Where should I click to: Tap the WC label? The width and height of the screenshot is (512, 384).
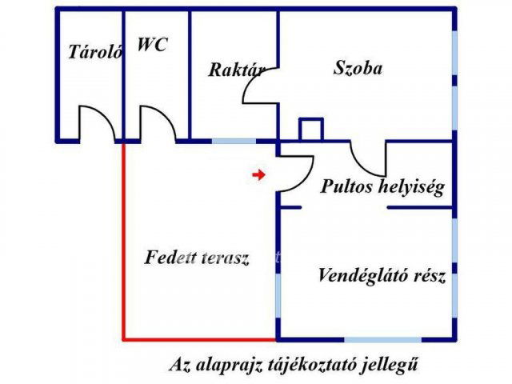[x=152, y=45]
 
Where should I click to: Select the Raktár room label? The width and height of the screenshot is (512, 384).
[x=237, y=70]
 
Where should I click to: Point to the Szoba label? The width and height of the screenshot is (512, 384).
[x=358, y=68]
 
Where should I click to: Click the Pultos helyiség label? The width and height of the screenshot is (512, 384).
[x=382, y=187]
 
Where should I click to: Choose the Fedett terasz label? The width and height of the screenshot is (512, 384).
[x=198, y=258]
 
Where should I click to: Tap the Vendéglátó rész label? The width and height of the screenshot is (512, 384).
[x=382, y=277]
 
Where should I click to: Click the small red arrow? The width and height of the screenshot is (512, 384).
[x=258, y=174]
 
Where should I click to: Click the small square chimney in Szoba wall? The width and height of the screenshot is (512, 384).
[x=310, y=130]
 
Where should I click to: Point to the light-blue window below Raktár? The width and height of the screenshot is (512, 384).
[x=234, y=141]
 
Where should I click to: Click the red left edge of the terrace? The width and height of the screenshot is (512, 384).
[x=123, y=240]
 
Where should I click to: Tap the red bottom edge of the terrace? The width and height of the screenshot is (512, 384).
[x=200, y=339]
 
